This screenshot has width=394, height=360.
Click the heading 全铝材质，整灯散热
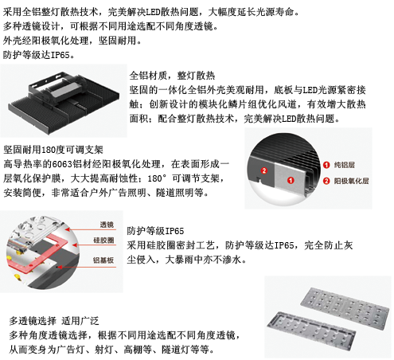tap(172, 76)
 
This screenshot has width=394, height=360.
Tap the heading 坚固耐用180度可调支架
tap(53, 150)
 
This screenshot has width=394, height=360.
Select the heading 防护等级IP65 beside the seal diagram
tap(155, 231)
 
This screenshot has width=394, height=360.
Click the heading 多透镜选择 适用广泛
tap(54, 321)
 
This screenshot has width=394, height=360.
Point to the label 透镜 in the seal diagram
tap(107, 225)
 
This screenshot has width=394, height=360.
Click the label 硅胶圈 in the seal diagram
tap(103, 241)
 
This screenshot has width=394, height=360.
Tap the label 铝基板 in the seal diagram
tap(103, 260)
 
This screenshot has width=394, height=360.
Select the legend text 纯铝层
tap(344, 165)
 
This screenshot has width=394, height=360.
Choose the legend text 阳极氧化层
tap(351, 181)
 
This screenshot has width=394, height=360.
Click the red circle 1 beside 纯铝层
tap(326, 165)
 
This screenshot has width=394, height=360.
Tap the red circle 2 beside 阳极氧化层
tap(326, 181)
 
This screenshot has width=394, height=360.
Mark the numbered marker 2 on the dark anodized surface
tap(264, 170)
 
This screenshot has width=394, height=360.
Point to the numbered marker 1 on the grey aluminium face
tap(291, 181)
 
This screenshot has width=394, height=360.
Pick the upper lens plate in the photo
tap(345, 304)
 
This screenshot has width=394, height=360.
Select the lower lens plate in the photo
tap(311, 329)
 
